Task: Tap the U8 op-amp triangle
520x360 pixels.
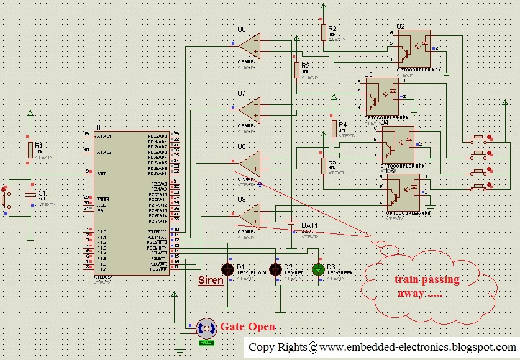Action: tap(251, 163)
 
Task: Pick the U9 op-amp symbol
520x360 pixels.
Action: tap(251, 216)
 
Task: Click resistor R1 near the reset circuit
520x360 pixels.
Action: tap(30, 150)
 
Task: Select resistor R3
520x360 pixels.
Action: tap(297, 69)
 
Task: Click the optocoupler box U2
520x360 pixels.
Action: tap(415, 45)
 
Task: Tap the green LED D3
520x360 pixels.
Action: tap(319, 269)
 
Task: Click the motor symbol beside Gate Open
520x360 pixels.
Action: tap(206, 328)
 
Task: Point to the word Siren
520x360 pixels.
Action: tap(210, 281)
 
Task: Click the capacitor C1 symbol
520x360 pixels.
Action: tap(30, 194)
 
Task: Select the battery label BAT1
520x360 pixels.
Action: tap(309, 225)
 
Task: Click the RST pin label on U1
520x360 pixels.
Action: tap(101, 174)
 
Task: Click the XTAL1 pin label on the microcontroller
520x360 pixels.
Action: tap(104, 136)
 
